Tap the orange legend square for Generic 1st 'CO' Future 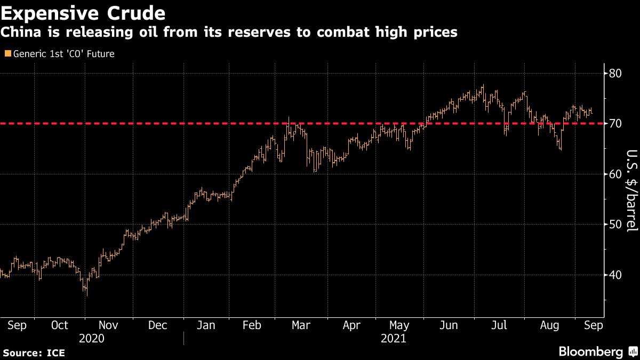(7, 54)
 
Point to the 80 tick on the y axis (615, 73)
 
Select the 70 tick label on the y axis (615, 123)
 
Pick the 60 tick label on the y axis (615, 174)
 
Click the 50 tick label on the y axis (615, 225)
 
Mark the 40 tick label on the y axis (615, 275)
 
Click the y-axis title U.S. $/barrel (631, 197)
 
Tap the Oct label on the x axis (59, 325)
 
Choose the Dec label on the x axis (158, 325)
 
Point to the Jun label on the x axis (449, 325)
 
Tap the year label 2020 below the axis (91, 339)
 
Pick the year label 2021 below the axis (394, 339)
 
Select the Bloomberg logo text (590, 352)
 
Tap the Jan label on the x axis (206, 325)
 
